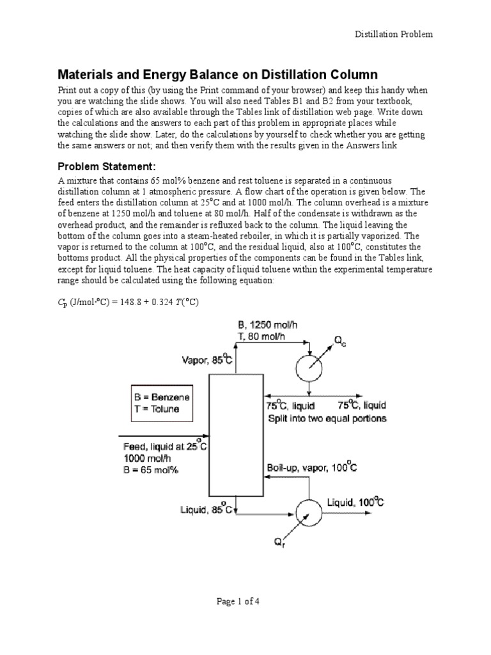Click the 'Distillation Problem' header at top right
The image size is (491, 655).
(x=394, y=34)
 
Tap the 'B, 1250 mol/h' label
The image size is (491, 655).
(x=267, y=325)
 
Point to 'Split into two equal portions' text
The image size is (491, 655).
(x=326, y=419)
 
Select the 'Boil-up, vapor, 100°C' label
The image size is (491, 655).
(x=311, y=469)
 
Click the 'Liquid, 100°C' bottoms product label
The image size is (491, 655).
(x=355, y=503)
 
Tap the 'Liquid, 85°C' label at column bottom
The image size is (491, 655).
(x=203, y=510)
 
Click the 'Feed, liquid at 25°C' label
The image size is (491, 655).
(x=164, y=446)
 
